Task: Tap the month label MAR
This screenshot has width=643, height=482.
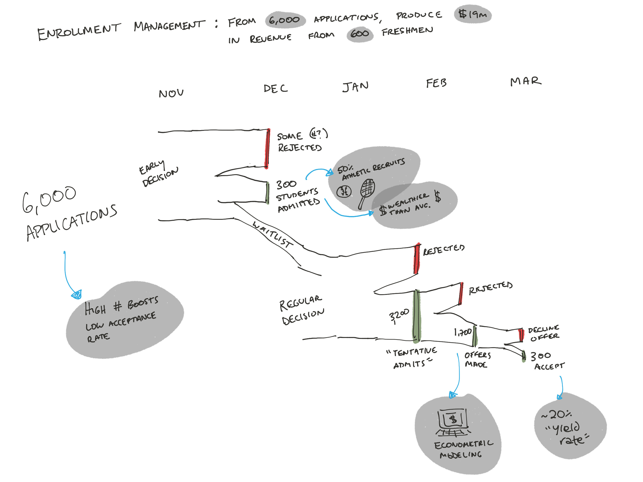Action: pyautogui.click(x=526, y=81)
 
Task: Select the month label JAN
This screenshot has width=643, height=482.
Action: pyautogui.click(x=355, y=86)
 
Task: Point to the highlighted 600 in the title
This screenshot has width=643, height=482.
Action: pyautogui.click(x=360, y=34)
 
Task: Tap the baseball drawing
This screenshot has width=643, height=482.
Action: pyautogui.click(x=344, y=191)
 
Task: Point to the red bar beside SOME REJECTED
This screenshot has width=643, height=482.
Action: pyautogui.click(x=267, y=148)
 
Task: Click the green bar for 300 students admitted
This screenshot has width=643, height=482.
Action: pyautogui.click(x=267, y=193)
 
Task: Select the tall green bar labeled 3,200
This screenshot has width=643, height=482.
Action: pyautogui.click(x=416, y=315)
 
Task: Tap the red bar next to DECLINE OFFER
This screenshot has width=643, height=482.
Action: pyautogui.click(x=521, y=335)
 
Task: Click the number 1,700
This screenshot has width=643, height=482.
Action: pyautogui.click(x=463, y=332)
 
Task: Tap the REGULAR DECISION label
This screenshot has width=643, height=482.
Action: pyautogui.click(x=302, y=310)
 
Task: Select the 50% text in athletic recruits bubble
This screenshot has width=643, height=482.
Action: pyautogui.click(x=345, y=169)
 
